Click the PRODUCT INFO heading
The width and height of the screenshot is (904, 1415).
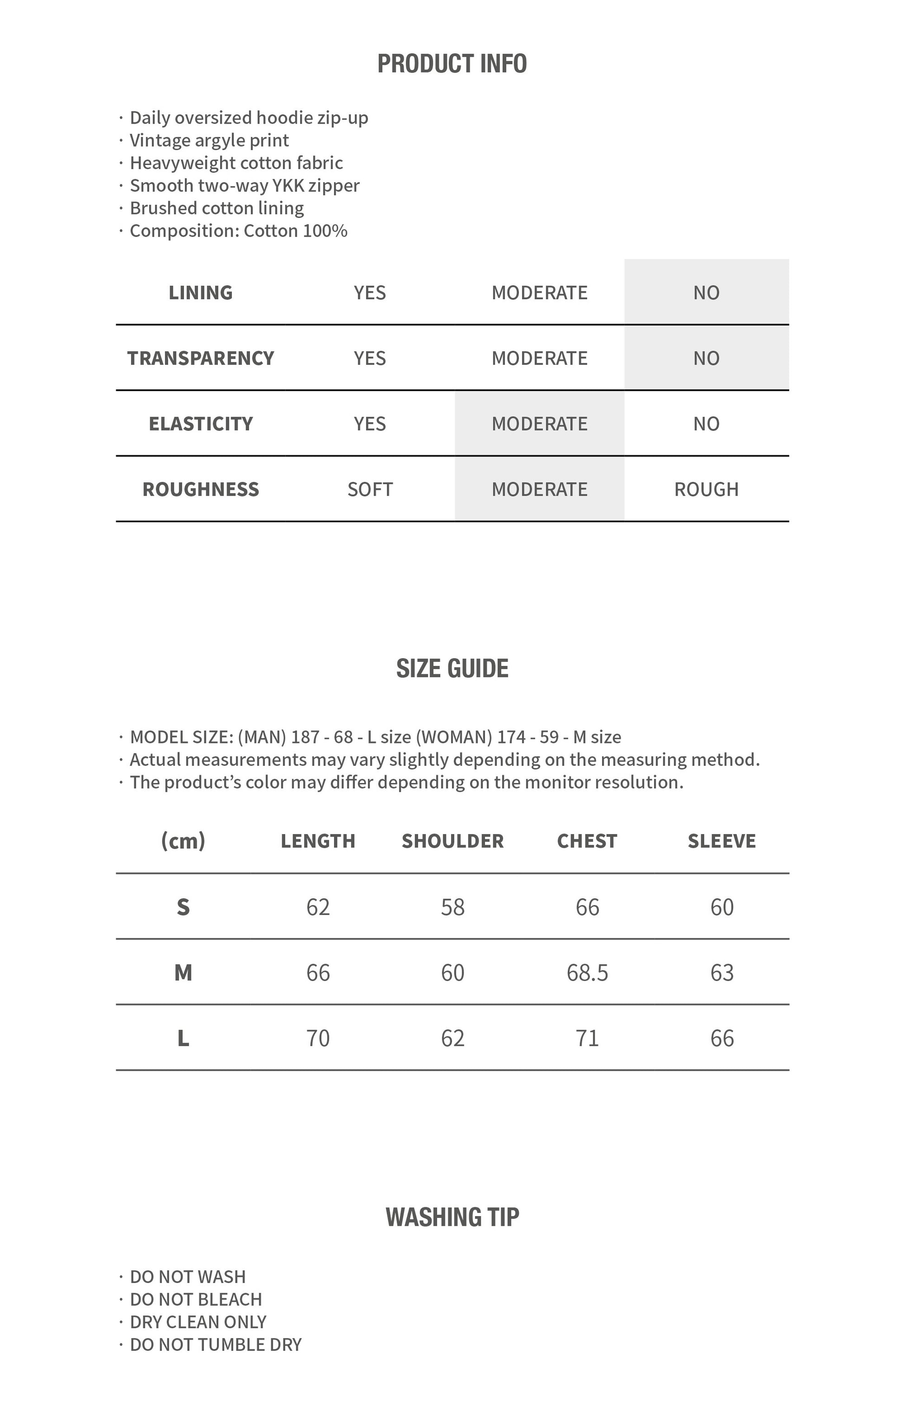[x=452, y=64]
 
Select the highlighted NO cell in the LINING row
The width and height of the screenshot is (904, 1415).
[x=706, y=293]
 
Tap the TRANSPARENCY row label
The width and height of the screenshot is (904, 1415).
[x=200, y=358]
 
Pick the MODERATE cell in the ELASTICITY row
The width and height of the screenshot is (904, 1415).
[x=539, y=424]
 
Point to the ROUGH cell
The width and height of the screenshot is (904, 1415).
[x=706, y=489]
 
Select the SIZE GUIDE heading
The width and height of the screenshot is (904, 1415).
[x=452, y=669]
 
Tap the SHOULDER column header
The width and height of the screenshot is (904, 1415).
[x=452, y=841]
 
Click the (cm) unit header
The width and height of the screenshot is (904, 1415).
[x=183, y=841]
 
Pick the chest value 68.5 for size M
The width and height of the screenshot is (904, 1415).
[x=587, y=973]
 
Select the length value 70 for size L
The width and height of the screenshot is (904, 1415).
[x=318, y=1038]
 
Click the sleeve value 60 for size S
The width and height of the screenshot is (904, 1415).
[x=722, y=907]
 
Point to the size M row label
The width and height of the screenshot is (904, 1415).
[x=183, y=973]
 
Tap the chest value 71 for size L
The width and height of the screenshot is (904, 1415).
[x=587, y=1038]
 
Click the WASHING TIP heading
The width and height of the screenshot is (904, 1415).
[x=452, y=1217]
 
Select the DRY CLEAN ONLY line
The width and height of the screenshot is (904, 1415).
[x=198, y=1322]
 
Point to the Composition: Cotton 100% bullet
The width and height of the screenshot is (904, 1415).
[x=238, y=231]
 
